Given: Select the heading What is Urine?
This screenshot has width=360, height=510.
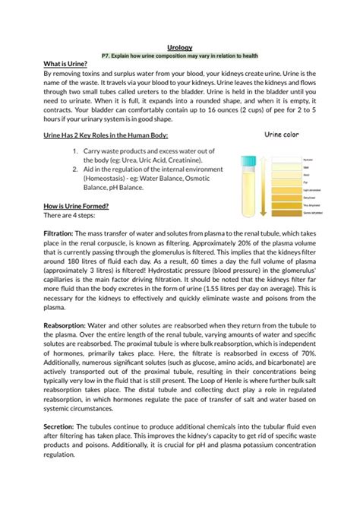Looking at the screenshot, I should (44, 64).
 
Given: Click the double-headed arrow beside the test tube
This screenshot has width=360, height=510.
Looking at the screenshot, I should (264, 186).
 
